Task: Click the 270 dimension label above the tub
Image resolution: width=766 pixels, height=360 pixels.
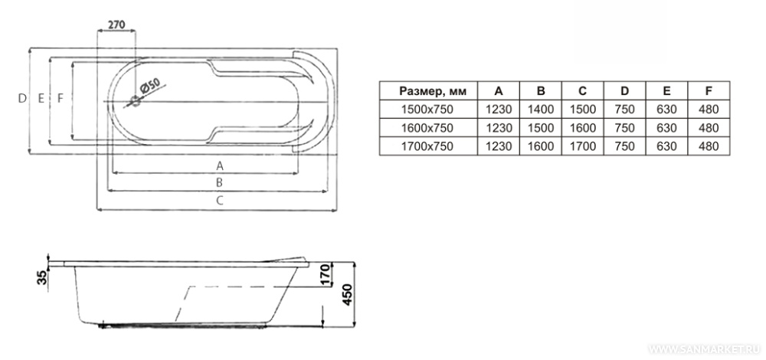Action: point(116,24)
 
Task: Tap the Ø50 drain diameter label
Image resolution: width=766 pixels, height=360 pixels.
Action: point(150,87)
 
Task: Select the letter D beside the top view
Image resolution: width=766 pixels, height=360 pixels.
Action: point(22,98)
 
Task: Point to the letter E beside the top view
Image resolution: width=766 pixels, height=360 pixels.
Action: point(41,98)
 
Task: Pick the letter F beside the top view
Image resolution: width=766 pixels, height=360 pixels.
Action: point(60,98)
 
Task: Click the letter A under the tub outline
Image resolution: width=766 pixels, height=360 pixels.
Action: point(220,165)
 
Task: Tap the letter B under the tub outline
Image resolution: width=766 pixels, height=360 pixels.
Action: point(220,182)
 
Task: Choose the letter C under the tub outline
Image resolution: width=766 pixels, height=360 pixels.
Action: point(220,199)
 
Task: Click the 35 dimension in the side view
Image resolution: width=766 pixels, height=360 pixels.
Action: point(42,277)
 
